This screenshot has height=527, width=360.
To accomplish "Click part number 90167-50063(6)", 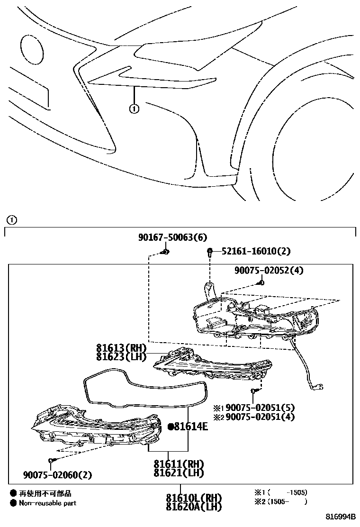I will click(172, 237).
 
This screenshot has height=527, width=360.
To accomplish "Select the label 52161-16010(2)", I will click(256, 251).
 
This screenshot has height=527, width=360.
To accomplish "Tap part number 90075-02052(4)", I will click(269, 271).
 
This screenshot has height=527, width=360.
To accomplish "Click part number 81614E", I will click(191, 427).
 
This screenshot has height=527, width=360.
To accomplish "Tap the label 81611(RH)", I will click(179, 464).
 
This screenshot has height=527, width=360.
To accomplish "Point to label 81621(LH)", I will click(179, 473).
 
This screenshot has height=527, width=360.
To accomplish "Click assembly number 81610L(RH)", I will click(194, 499).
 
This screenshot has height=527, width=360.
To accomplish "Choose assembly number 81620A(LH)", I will click(194, 508).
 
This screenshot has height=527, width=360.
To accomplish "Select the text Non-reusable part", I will click(47, 503).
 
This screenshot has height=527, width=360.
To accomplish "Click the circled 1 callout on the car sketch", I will click(134, 109).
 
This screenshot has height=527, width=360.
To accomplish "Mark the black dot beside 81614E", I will click(171, 427).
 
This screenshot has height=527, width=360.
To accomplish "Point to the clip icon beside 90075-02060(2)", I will click(51, 461).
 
